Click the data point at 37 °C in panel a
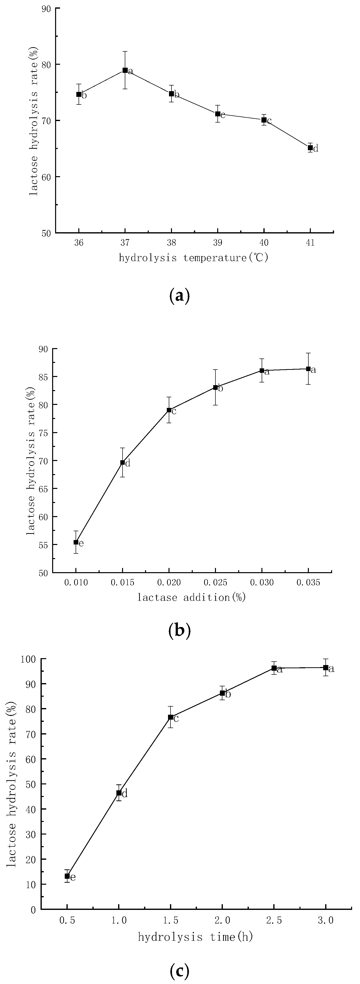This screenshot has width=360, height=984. pos(125,70)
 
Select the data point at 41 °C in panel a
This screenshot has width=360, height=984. pos(310,147)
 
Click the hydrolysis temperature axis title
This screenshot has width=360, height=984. pos(193,258)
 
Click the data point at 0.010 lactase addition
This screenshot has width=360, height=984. pos(76,542)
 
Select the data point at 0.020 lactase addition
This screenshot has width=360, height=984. pos(169,410)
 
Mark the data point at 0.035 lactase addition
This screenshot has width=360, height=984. pos(308,369)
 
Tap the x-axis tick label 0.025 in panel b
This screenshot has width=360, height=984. pos(215,583)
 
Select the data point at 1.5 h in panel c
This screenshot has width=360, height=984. pos(171,717)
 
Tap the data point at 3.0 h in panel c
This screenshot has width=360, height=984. pos(326,667)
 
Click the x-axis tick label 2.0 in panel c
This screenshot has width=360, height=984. pos(222,921)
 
